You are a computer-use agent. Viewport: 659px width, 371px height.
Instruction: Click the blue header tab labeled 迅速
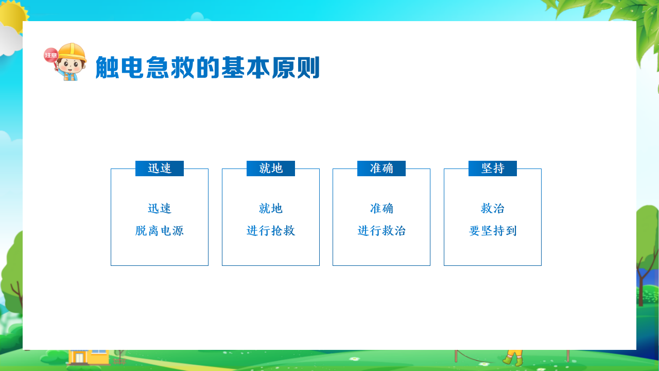[160, 168]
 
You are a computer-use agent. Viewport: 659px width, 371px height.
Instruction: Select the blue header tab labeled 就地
[271, 168]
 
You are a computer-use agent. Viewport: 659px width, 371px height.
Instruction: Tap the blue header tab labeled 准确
[381, 168]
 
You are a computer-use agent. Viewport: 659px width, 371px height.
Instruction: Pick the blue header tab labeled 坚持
[493, 168]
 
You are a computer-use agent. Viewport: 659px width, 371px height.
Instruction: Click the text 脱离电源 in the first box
[160, 230]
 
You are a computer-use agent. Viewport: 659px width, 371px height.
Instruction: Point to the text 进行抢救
[271, 230]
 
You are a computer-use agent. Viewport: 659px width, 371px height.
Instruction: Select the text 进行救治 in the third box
[381, 230]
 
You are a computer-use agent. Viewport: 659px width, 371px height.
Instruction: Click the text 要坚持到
[493, 230]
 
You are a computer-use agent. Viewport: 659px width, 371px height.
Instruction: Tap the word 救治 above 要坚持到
[493, 209]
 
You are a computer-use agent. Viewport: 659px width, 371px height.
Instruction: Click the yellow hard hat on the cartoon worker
[72, 52]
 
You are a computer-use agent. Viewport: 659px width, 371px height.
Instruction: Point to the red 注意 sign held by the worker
[51, 55]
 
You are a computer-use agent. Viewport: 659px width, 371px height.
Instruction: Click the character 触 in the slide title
[107, 68]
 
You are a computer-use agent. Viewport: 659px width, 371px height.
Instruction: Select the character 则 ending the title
[308, 68]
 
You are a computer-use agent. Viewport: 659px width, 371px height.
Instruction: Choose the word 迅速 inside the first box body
[160, 209]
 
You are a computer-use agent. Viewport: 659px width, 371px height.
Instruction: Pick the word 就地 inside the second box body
[271, 209]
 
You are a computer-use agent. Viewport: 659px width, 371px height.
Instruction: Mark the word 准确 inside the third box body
[381, 209]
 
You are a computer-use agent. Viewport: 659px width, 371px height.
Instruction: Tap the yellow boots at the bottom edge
[513, 358]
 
